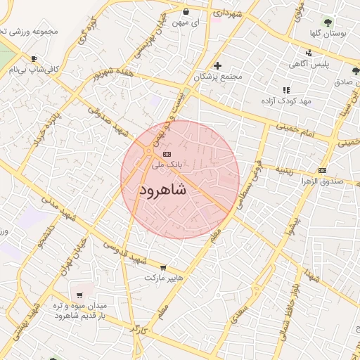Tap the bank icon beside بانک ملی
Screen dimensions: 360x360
(166, 154)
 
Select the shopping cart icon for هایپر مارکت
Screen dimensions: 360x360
(164, 268)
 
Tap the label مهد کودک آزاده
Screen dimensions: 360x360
(285, 102)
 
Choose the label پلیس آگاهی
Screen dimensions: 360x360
(307, 64)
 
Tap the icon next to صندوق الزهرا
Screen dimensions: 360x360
(322, 170)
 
